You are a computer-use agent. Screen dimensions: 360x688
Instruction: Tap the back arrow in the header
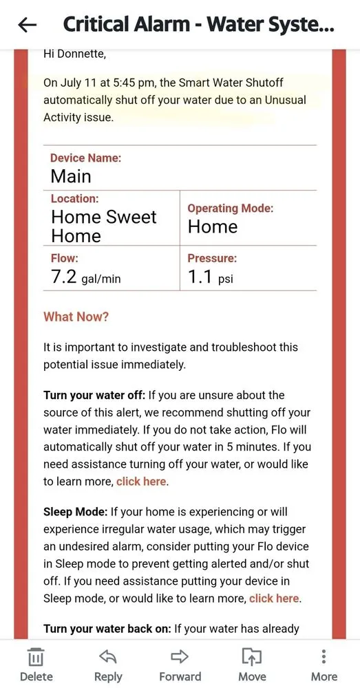tap(28, 25)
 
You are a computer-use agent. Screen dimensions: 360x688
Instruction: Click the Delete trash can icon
tap(36, 656)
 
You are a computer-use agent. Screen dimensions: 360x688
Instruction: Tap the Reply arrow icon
tap(108, 656)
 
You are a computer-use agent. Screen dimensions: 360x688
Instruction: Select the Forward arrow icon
tap(180, 656)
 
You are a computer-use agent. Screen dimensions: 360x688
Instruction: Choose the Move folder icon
tap(252, 656)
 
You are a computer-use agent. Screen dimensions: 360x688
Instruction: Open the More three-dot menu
tap(324, 656)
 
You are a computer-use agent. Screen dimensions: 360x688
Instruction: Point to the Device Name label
tap(85, 158)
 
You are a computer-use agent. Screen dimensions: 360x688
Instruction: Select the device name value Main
tap(71, 176)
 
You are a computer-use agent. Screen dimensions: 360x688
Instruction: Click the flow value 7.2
tap(66, 277)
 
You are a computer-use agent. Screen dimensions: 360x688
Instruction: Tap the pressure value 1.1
tap(200, 277)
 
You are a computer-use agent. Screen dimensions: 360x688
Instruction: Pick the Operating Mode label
tap(230, 208)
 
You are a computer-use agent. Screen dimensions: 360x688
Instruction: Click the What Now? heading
tap(76, 317)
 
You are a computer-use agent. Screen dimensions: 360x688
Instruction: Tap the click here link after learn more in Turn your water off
tap(141, 482)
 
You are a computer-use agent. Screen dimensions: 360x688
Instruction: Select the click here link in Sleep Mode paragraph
tap(274, 599)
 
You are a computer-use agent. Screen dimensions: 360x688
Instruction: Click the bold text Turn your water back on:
tap(107, 628)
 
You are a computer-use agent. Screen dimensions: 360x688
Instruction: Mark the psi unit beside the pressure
tap(226, 279)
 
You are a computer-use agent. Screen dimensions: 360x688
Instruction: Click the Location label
tap(74, 199)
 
